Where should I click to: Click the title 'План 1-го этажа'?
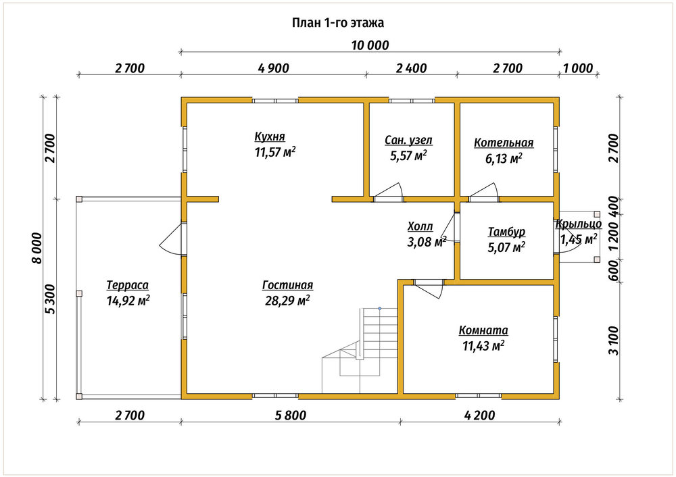(337, 23)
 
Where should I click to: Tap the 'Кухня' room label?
(270, 136)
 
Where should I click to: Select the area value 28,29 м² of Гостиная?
(287, 301)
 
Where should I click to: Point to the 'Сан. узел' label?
(408, 141)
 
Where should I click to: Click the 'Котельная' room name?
(504, 143)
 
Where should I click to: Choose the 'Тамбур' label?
(506, 232)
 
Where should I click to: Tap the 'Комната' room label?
(483, 330)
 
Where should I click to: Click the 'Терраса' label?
(127, 285)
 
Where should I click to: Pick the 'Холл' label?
(420, 226)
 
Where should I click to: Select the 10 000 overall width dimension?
(370, 45)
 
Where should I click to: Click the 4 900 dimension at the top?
(273, 68)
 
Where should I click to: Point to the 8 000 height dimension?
(37, 248)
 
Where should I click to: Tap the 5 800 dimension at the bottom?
(291, 416)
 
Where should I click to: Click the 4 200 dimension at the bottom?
(479, 416)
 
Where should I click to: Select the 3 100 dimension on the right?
(613, 341)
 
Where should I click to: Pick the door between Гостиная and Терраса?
(173, 239)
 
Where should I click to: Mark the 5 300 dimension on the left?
(51, 299)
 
